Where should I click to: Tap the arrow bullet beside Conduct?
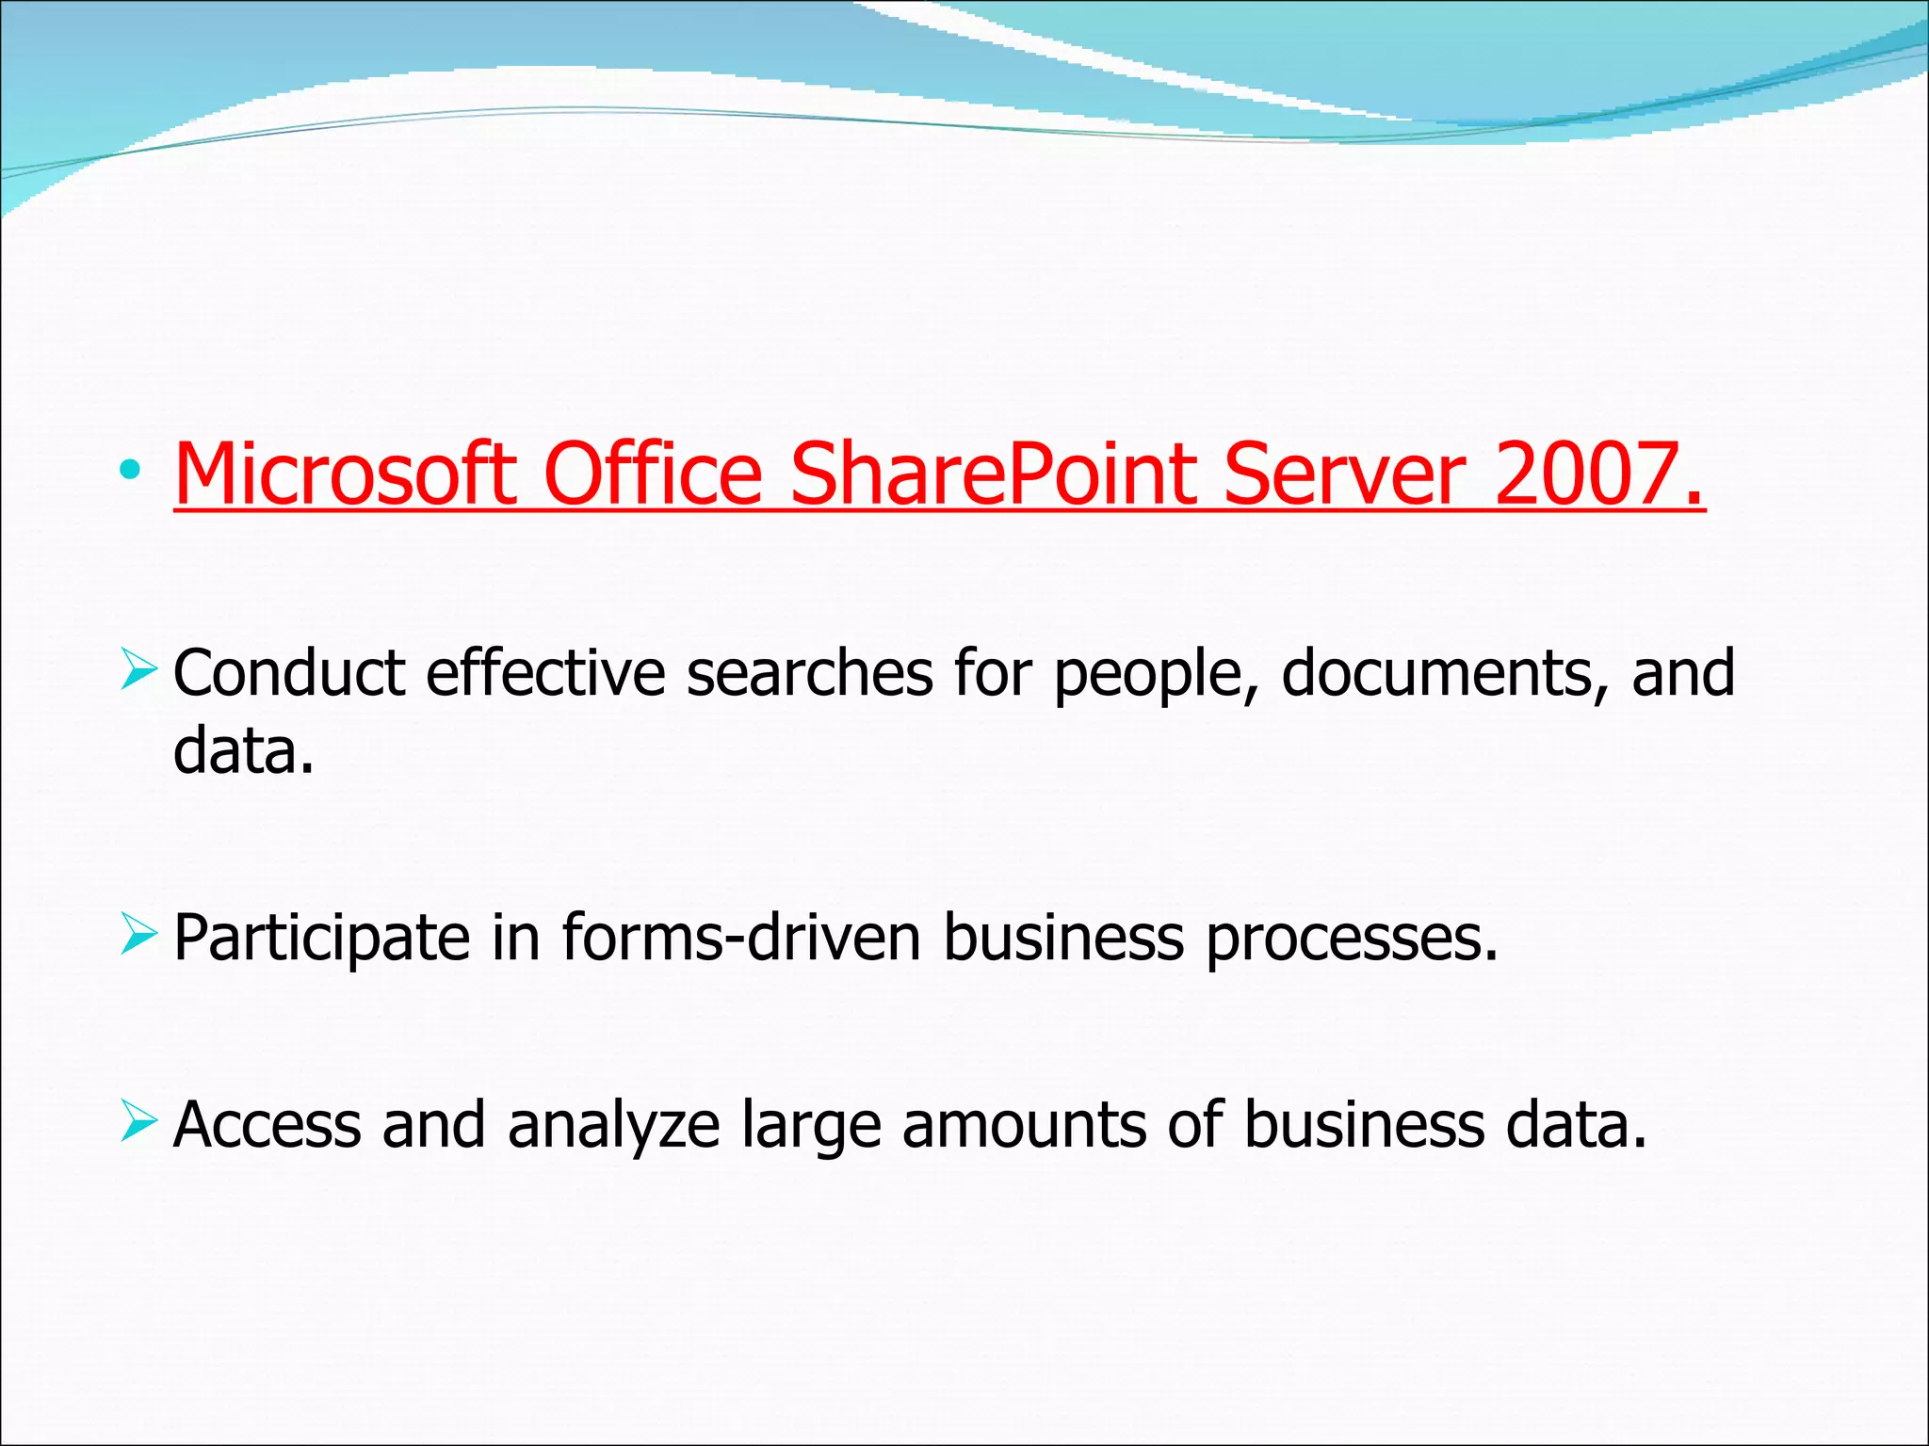138,671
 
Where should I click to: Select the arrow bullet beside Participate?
138,936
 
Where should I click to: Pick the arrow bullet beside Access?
138,1123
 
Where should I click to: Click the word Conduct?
289,673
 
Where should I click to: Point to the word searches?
809,673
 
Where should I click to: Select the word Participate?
321,940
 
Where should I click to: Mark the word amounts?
1024,1126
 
